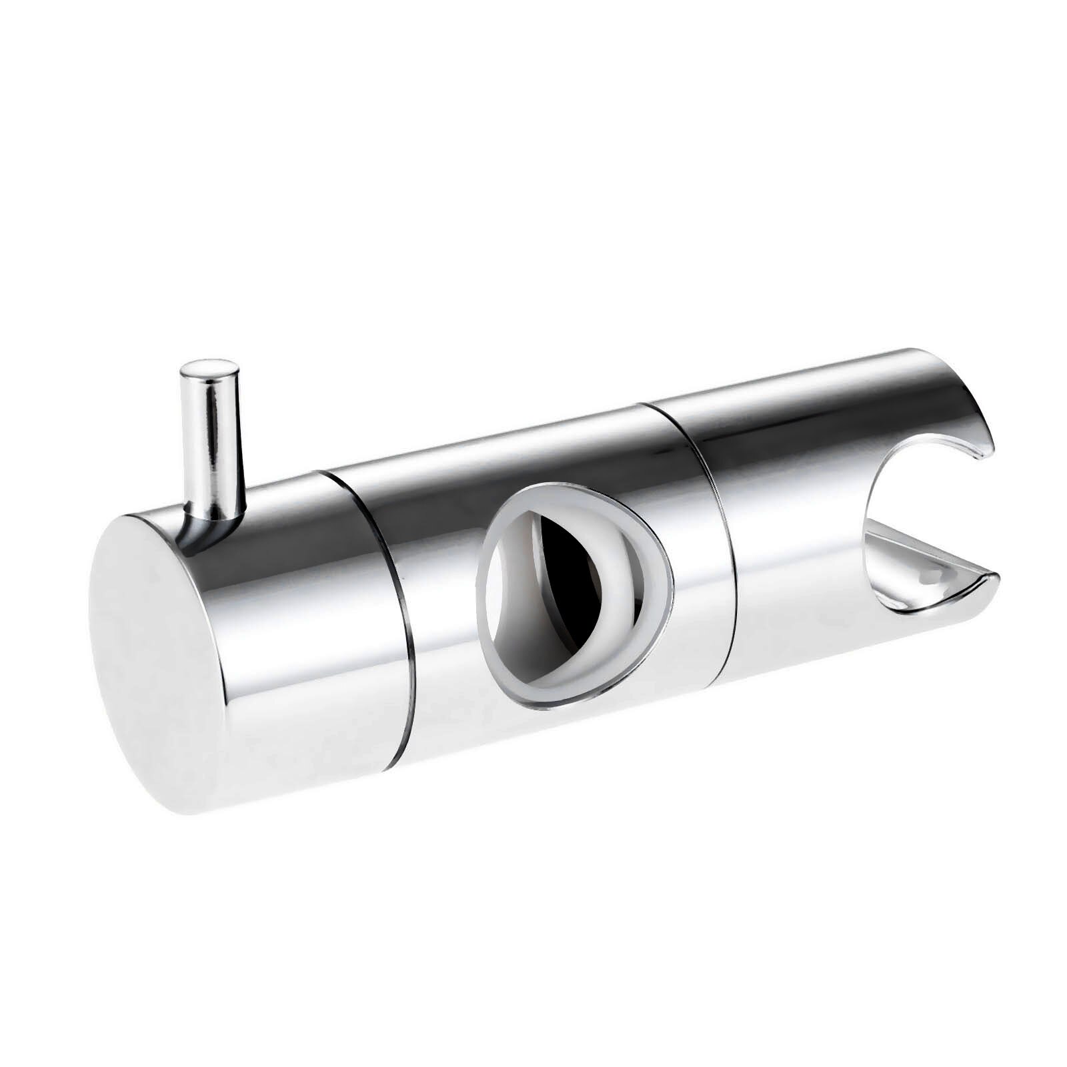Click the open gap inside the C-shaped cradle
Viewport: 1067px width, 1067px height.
(x=934, y=513)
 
